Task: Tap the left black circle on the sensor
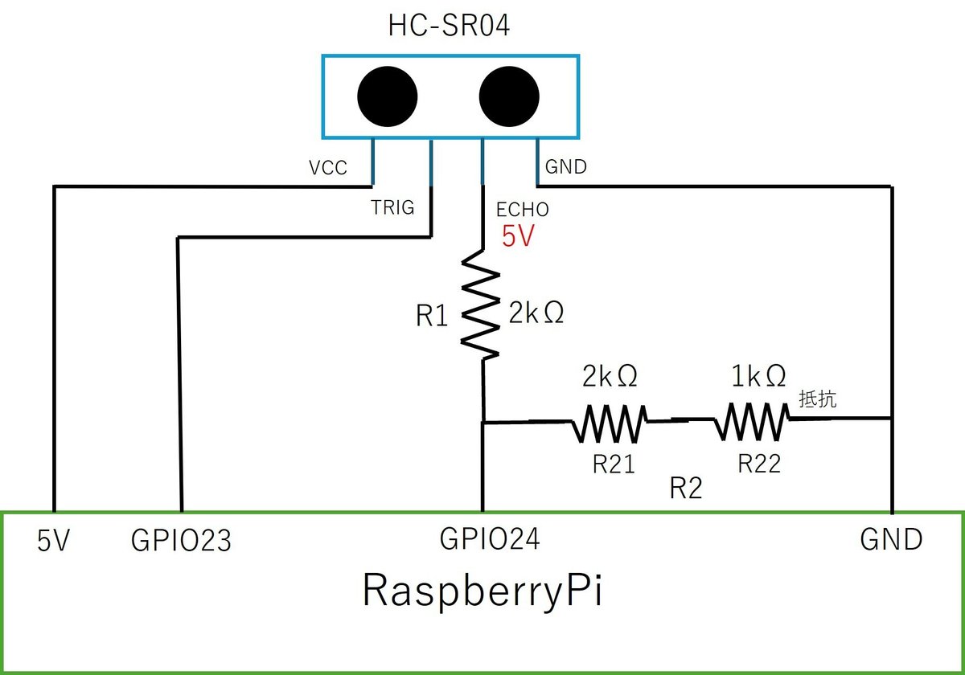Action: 388,96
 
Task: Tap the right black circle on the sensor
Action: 510,96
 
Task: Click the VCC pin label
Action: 328,168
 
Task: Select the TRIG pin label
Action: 392,208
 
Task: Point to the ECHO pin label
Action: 523,210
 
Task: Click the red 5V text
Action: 518,236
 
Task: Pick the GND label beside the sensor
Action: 566,167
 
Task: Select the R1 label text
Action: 432,317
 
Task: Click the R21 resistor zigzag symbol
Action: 609,422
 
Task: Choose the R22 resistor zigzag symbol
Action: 753,421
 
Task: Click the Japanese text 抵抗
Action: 818,399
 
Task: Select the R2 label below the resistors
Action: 686,488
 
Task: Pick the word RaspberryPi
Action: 484,592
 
